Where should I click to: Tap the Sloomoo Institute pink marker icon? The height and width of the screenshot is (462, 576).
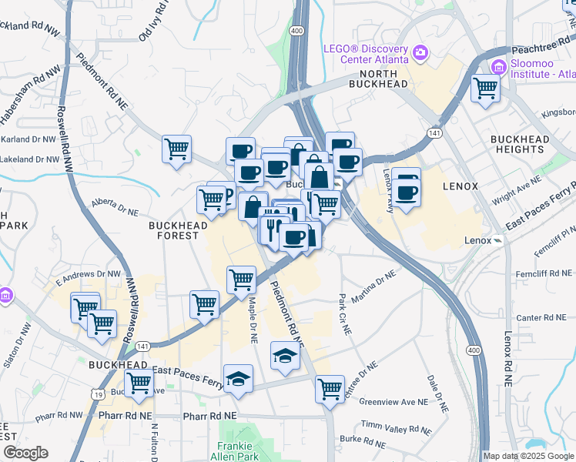[497, 68]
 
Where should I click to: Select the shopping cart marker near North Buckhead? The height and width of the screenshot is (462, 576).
[486, 89]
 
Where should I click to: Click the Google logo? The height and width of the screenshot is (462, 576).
[26, 453]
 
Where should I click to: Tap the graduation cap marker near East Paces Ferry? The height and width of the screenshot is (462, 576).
[239, 379]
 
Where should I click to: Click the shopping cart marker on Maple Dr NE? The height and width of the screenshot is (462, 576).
[242, 280]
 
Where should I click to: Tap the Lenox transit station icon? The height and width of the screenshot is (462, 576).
[497, 240]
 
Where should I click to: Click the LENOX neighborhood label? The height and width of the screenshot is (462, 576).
[460, 187]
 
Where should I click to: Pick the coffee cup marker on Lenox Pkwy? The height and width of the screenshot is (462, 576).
[407, 191]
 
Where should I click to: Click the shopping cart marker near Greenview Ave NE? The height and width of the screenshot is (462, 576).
[330, 388]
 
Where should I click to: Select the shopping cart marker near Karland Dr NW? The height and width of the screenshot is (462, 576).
[177, 149]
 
